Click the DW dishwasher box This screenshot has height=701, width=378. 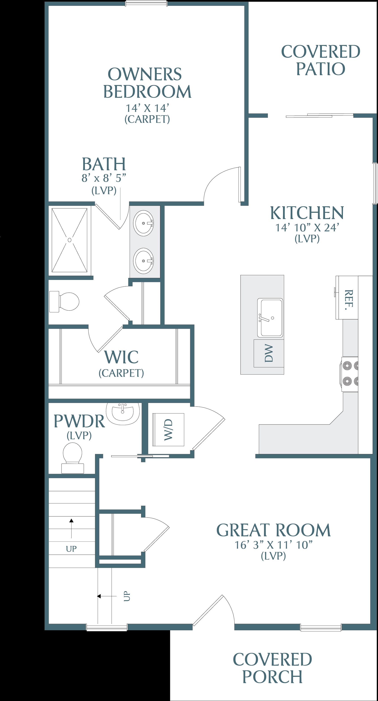pos(269,353)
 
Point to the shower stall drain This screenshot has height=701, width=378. pos(70,240)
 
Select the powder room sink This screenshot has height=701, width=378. pos(123,413)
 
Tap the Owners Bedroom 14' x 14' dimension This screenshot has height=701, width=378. pos(147,108)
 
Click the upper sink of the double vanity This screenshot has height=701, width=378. pos(143,223)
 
